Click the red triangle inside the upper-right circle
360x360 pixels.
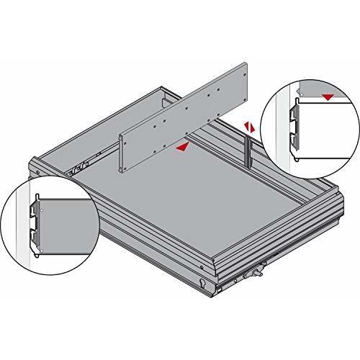tap(329, 96)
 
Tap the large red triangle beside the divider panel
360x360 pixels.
tap(185, 146)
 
